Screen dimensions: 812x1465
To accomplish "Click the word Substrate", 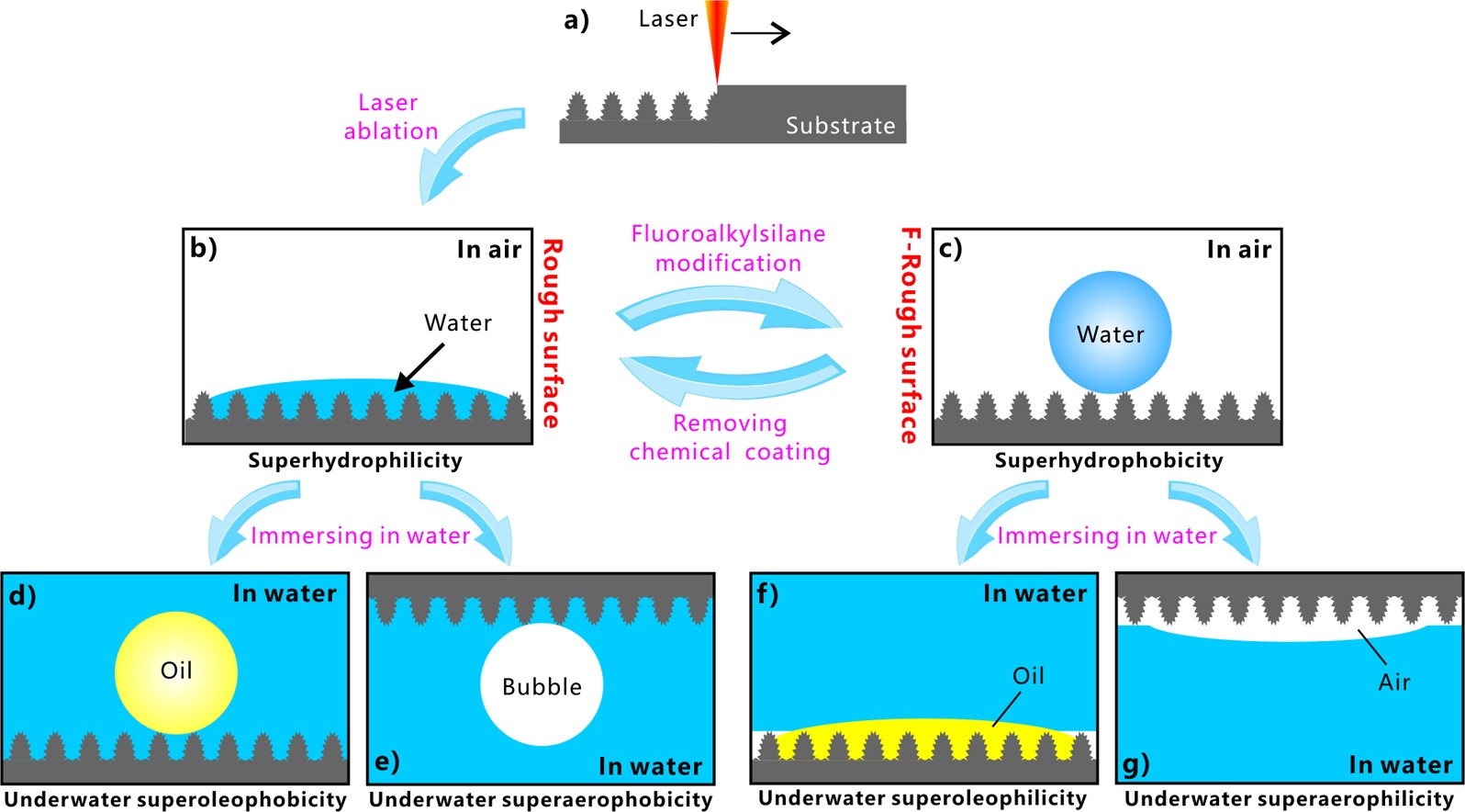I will [840, 126].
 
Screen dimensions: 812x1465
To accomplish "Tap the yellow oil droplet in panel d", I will [176, 672].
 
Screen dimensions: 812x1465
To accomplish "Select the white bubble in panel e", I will [542, 684].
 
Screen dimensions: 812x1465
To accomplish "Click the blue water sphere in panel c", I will [1110, 333].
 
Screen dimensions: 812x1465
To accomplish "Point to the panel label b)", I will [203, 249].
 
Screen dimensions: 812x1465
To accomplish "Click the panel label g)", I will [1136, 764].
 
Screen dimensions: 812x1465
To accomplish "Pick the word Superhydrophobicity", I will [1108, 460].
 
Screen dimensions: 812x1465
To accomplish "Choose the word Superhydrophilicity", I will [355, 460].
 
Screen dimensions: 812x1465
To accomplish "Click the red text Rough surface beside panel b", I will [552, 333].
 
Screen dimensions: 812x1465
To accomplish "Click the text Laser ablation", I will [390, 117].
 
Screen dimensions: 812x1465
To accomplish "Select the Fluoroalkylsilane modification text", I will [728, 248].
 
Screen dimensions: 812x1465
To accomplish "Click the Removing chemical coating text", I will [730, 437].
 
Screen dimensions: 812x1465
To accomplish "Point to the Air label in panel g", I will [1393, 682].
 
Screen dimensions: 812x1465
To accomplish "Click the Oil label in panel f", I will [1028, 676].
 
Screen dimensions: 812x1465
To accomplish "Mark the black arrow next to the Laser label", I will [760, 34].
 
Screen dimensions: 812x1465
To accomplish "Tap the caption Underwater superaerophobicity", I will [541, 800].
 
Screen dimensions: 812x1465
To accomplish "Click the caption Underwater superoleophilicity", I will [923, 798].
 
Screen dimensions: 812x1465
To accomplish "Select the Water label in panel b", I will [457, 322].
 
